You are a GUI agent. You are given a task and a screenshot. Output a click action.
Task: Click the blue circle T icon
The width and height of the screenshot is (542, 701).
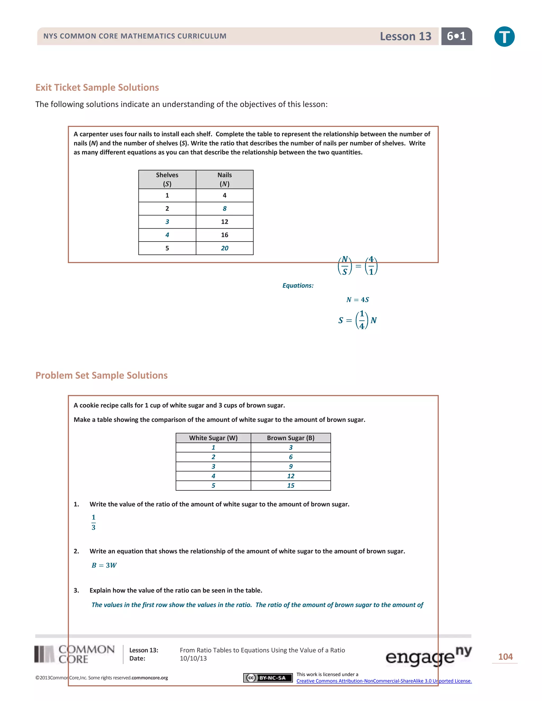[x=504, y=36]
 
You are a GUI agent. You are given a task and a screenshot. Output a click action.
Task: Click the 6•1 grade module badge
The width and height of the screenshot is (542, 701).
[x=456, y=36]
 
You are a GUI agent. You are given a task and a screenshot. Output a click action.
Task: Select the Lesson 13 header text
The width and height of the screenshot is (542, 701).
[x=405, y=36]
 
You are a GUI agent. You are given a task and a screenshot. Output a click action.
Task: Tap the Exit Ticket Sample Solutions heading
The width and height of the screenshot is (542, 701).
[x=97, y=87]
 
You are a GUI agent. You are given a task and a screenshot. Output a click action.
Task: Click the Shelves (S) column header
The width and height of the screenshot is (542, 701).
[x=167, y=179]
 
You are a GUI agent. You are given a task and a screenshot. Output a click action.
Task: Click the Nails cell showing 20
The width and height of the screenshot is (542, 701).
[x=224, y=248]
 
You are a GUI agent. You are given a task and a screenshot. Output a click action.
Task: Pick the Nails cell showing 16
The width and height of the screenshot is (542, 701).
[x=224, y=235]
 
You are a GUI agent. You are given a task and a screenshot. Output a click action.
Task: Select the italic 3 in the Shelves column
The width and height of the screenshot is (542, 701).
[x=167, y=222]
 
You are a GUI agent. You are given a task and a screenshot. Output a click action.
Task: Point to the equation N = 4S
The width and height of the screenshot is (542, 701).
[x=357, y=299]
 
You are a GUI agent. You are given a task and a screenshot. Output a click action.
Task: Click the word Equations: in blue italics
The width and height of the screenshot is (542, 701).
[x=298, y=285]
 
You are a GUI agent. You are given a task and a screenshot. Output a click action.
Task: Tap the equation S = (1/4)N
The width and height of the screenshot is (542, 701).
[x=357, y=320]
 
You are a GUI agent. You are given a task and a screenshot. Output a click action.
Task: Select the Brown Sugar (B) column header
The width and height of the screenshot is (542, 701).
[x=291, y=438]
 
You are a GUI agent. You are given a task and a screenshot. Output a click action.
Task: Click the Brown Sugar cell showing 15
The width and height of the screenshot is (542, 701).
[x=291, y=485]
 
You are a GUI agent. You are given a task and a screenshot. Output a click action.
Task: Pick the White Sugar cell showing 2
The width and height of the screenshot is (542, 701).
[x=213, y=457]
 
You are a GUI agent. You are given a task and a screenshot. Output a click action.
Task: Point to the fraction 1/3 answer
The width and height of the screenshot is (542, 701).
[x=93, y=522]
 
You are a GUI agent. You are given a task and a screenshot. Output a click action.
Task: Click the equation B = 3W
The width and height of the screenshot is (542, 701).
[x=104, y=565]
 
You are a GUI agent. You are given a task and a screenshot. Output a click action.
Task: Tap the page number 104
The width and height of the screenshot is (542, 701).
[x=505, y=657]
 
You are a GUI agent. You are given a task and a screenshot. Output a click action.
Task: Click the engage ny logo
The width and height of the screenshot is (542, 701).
[x=428, y=656]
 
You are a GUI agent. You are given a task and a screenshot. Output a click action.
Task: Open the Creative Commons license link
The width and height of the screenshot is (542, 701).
[x=384, y=681]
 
